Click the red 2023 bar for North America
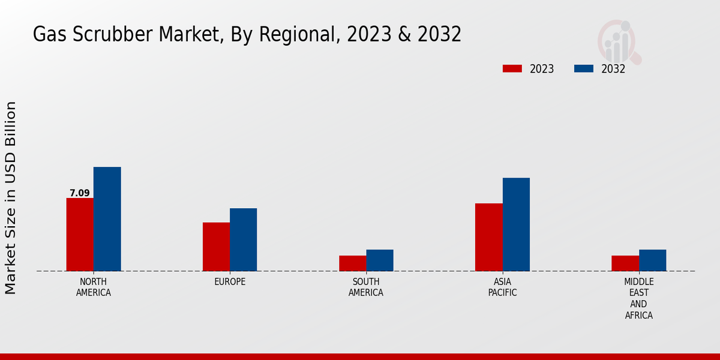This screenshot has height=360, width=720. point(80,235)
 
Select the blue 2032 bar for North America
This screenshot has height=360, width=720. point(107,219)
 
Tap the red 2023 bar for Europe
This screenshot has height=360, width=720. point(216,247)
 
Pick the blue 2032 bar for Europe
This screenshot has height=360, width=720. point(243,239)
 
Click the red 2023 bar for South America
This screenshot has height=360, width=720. point(352,263)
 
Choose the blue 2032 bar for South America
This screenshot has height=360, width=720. point(380,260)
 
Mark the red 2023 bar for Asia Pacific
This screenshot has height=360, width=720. point(488,237)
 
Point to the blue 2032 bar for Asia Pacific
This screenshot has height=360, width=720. point(516,224)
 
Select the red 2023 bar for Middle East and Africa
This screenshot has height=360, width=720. point(625,263)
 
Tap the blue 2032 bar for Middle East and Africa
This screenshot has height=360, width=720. point(652,260)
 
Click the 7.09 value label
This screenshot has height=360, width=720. point(80,193)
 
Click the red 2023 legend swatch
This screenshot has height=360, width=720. point(512,68)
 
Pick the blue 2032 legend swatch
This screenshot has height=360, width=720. point(583,68)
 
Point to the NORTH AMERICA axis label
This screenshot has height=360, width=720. point(94,287)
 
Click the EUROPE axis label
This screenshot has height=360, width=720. point(230,282)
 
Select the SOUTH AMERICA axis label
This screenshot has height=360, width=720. point(366,287)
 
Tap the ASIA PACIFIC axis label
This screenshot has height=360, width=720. point(502,287)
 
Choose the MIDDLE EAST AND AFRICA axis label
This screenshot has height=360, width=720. point(639,298)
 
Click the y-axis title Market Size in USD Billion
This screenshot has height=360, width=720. point(11,198)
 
